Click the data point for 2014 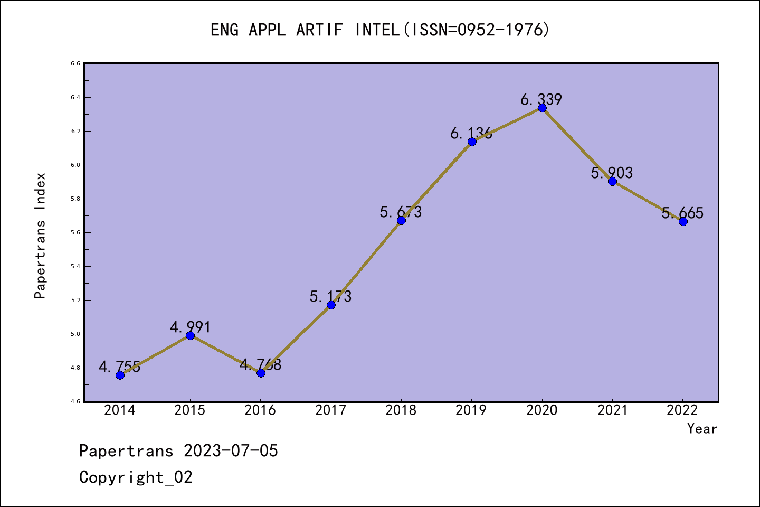coord(120,375)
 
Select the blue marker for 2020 coord(542,108)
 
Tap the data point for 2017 coord(331,305)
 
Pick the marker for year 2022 coord(683,221)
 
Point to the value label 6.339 coord(541,99)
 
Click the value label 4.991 coord(190,327)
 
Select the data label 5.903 coord(612,173)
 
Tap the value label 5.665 coord(682,213)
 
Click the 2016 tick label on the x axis coord(260,410)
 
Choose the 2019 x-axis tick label coord(471,410)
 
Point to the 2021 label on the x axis coord(612,410)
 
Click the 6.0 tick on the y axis coord(75,165)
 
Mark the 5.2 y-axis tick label coord(75,300)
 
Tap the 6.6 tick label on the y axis coord(75,63)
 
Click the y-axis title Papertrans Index coord(40,236)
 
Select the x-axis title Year coord(702,428)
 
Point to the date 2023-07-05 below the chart coord(231,450)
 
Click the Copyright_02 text coord(136,477)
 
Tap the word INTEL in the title coord(377,30)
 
